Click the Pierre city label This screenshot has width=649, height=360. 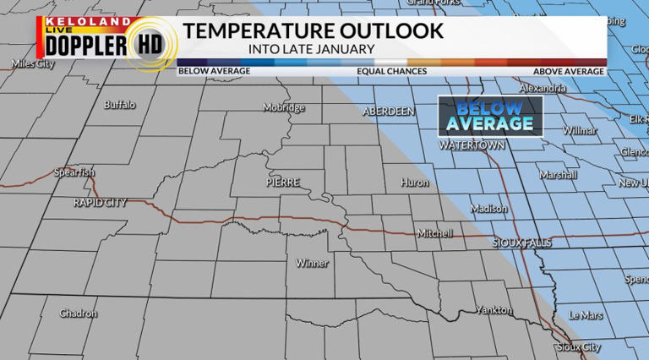click(281, 182)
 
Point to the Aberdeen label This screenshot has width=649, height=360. click(389, 112)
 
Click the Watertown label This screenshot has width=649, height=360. click(472, 145)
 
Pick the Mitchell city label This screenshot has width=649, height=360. click(435, 233)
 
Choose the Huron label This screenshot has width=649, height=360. click(414, 183)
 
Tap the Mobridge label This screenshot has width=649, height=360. click(284, 108)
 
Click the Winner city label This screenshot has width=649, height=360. click(312, 263)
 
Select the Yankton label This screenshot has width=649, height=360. click(494, 310)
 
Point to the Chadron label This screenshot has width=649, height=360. click(79, 314)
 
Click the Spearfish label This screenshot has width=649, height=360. click(74, 172)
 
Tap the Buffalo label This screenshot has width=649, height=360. click(119, 106)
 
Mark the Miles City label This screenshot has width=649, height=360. click(33, 64)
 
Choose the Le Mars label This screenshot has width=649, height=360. click(586, 315)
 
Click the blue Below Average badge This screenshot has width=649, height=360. click(490, 116)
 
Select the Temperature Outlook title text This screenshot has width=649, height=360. click(313, 32)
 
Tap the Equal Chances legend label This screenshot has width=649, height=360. click(391, 72)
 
